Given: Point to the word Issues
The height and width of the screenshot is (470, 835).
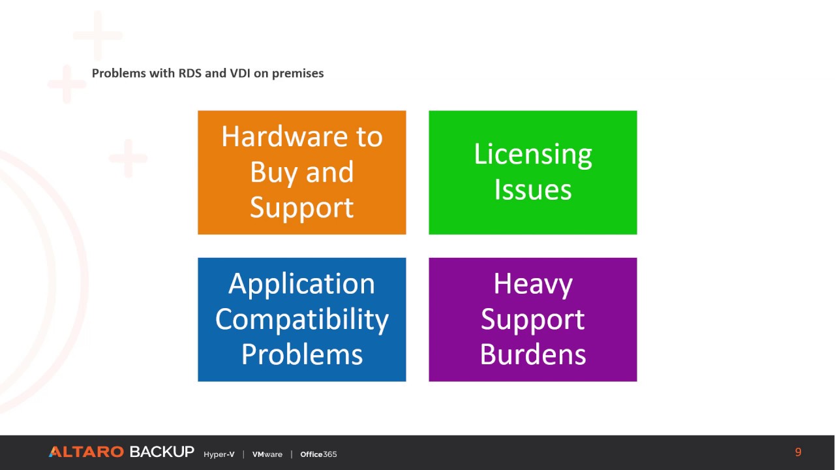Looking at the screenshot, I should [x=532, y=190].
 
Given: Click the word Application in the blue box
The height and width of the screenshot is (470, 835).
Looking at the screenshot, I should [x=301, y=284].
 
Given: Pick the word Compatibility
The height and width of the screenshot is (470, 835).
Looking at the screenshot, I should [x=301, y=319].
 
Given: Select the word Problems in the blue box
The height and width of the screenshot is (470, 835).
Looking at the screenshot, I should [x=301, y=354].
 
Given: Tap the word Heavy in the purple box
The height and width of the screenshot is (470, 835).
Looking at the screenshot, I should [x=532, y=284].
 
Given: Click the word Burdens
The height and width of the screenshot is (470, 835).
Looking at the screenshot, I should [x=532, y=354].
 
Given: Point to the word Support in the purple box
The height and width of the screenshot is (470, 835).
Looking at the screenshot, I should [x=532, y=319].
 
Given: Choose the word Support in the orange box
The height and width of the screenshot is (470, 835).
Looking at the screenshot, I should [x=301, y=208].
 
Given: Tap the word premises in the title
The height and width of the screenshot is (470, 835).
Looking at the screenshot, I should [x=297, y=74].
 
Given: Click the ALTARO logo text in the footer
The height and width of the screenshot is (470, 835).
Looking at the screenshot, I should [x=86, y=452].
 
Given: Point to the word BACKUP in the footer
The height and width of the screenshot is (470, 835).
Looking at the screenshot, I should [x=161, y=452].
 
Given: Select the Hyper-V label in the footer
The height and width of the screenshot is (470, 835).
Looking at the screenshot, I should [x=219, y=454].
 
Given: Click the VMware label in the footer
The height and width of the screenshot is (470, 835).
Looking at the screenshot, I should [x=267, y=454].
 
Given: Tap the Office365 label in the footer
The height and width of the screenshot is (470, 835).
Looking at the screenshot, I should [x=318, y=454].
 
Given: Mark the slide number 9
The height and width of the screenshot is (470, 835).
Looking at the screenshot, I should [x=798, y=452].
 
